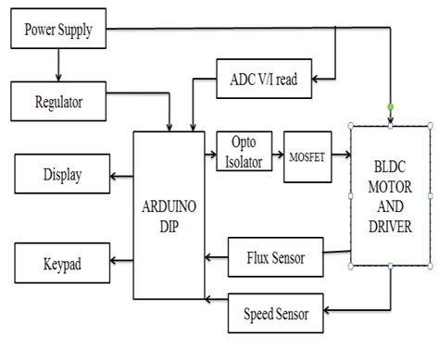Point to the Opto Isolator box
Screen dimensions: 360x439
tap(244, 150)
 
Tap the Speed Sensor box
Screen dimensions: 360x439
tap(277, 313)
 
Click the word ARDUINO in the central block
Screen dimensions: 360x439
tap(169, 205)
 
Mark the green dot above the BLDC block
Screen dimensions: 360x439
tap(390, 108)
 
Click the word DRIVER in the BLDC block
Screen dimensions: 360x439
tap(390, 226)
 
